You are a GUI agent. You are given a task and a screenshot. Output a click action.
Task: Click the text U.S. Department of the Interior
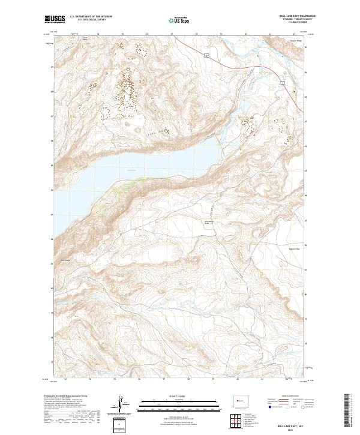click(x=91, y=17)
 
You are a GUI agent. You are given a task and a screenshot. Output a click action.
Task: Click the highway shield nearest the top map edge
click(x=206, y=56)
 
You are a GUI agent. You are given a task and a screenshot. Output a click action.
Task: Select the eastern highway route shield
click(x=281, y=83)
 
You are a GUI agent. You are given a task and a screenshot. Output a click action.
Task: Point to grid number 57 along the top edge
click(x=172, y=34)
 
